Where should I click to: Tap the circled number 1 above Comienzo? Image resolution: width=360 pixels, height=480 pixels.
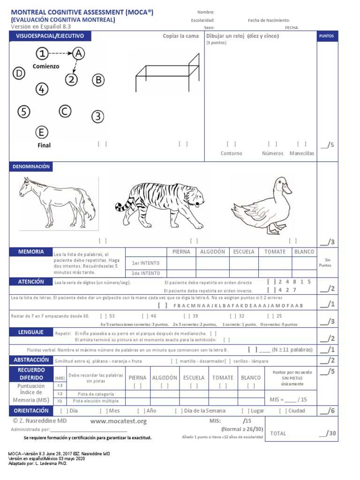[x=43, y=53]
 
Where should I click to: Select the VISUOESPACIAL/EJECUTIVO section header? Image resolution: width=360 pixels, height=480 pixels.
[x=50, y=36]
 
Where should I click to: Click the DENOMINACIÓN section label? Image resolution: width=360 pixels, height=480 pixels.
[x=31, y=166]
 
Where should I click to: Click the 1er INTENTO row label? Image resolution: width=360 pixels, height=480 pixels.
[x=146, y=263]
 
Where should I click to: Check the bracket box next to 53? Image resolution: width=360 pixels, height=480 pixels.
[x=103, y=316]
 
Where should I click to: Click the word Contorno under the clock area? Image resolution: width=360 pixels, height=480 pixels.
[x=232, y=153]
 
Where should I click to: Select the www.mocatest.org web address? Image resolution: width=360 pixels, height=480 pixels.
[x=119, y=421]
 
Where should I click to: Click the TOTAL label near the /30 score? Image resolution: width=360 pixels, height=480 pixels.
[x=278, y=434]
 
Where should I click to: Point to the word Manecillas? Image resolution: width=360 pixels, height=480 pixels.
[x=302, y=153]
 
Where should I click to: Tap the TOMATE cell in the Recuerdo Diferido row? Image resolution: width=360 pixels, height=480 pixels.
[x=223, y=377]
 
